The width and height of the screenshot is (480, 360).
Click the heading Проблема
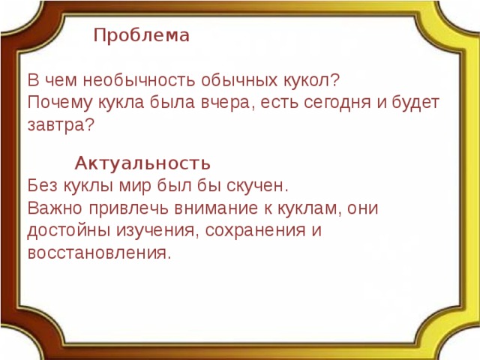142,35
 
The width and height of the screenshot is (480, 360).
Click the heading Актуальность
142,163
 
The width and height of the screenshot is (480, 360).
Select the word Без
42,185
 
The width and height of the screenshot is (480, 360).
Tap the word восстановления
98,253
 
